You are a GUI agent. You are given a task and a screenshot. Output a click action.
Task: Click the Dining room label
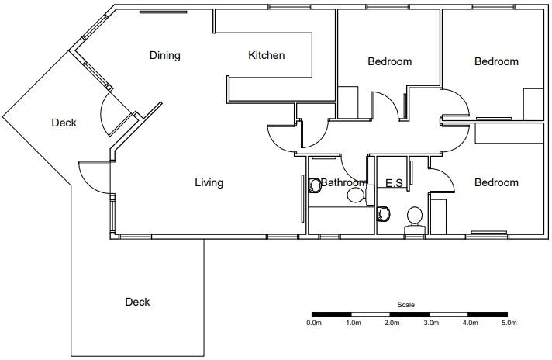pos(164,55)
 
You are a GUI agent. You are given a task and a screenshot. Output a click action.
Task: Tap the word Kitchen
pos(266,55)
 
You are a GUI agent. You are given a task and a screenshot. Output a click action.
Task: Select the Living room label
pos(209,182)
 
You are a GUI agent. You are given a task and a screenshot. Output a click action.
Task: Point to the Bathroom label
pos(343,183)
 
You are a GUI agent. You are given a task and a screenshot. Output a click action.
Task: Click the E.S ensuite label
pos(394,183)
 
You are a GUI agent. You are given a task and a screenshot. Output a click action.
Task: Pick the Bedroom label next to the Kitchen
pos(389,61)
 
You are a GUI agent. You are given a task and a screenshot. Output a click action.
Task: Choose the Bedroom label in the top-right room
pos(496,61)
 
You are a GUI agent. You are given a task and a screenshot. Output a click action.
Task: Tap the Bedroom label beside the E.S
pos(496,182)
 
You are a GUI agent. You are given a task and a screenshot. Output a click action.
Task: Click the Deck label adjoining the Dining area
pos(64,123)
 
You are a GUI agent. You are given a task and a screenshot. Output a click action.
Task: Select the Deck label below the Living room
pos(137,302)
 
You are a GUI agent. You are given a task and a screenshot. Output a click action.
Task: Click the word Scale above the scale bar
pos(405,305)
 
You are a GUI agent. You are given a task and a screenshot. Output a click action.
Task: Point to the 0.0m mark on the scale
pos(314,323)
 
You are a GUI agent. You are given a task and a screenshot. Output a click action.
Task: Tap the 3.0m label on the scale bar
pos(431,323)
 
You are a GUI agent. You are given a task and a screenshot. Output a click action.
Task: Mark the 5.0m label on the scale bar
pos(509,323)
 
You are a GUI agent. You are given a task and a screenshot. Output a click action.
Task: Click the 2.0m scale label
pos(392,323)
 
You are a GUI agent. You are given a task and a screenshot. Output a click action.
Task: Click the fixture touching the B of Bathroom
pos(315,186)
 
